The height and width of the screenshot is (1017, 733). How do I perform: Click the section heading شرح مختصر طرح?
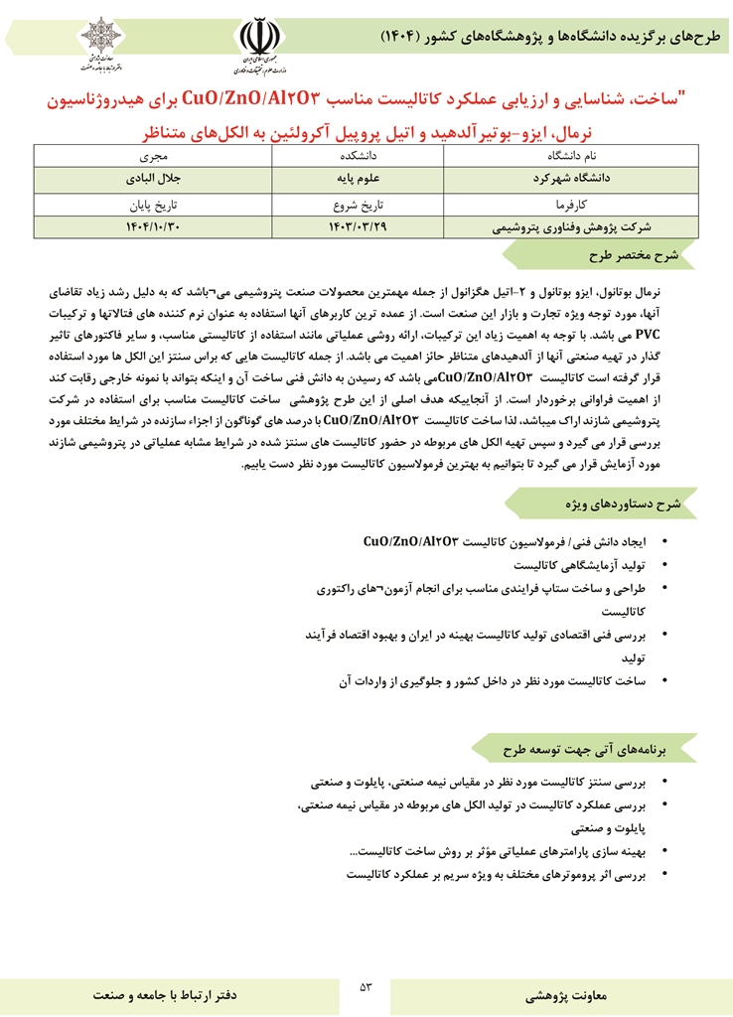(x=632, y=255)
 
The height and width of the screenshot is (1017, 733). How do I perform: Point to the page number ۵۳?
(x=366, y=986)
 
